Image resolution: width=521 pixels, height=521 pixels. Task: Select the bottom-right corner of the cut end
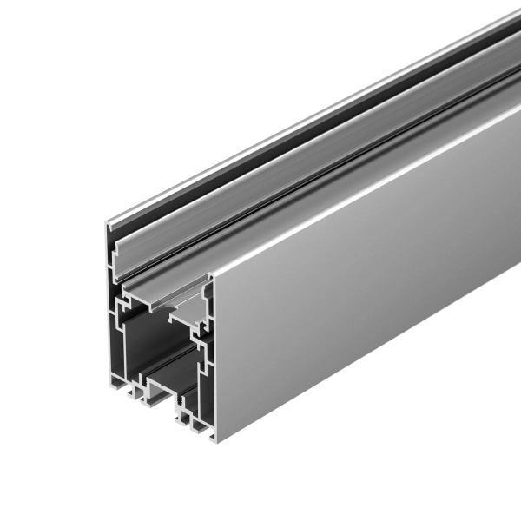211,438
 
